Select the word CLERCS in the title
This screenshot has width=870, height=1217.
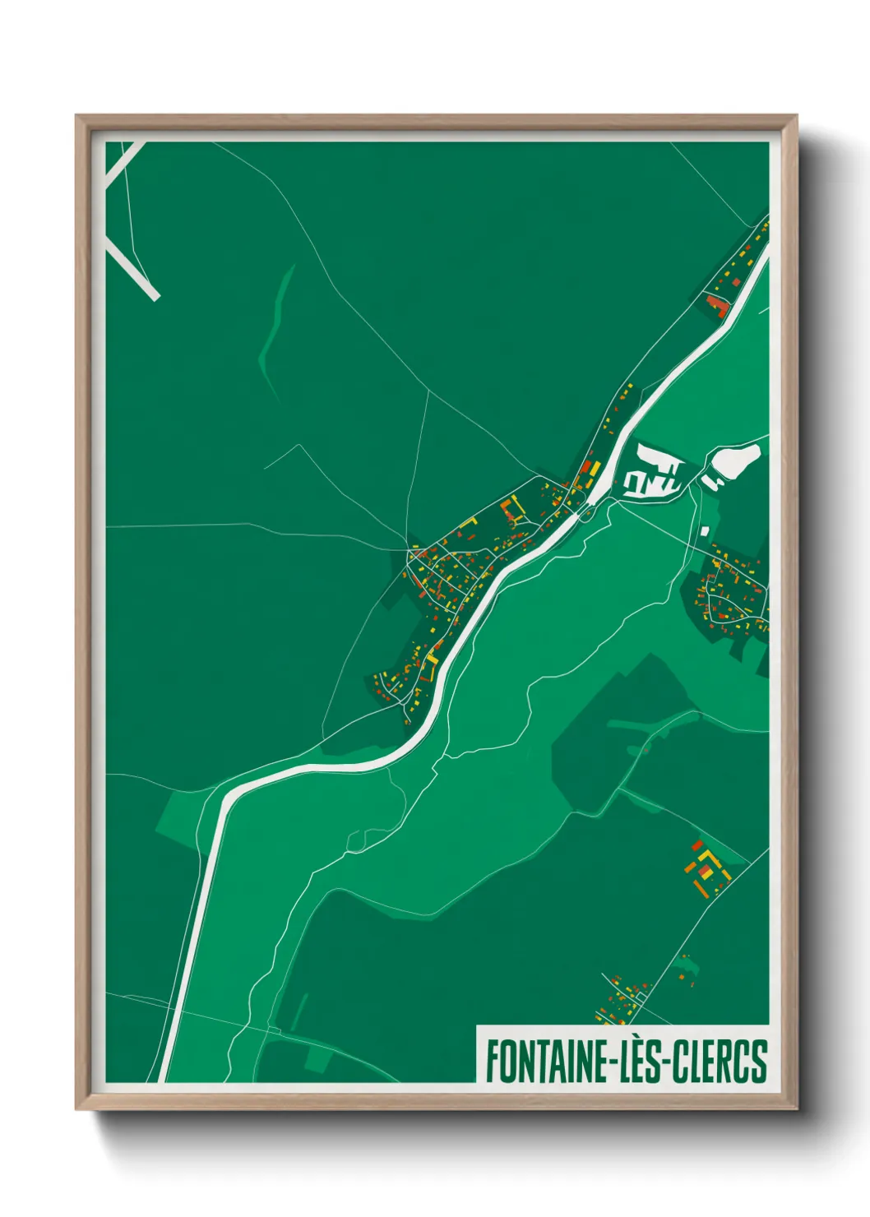pyautogui.click(x=720, y=1061)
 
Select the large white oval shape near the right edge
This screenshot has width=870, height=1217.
pyautogui.click(x=734, y=460)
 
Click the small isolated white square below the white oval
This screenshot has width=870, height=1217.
pyautogui.click(x=705, y=530)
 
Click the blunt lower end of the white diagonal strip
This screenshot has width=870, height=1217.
pyautogui.click(x=154, y=294)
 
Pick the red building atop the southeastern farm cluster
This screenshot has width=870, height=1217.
pyautogui.click(x=697, y=845)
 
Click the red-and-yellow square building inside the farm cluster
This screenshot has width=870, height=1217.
pyautogui.click(x=705, y=868)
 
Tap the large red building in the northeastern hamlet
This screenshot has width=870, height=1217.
pyautogui.click(x=717, y=305)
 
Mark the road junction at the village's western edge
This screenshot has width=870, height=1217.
pyautogui.click(x=409, y=549)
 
